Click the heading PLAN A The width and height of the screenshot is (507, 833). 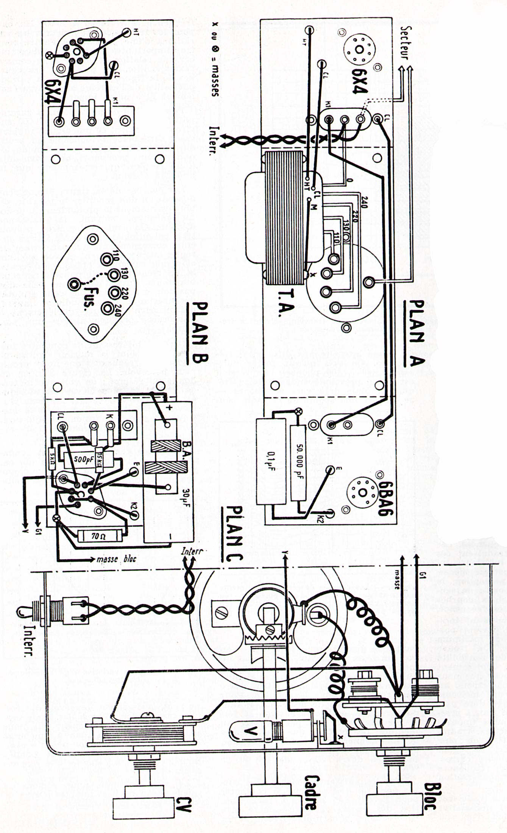(417, 334)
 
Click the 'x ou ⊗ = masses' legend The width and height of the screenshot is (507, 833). (215, 59)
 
